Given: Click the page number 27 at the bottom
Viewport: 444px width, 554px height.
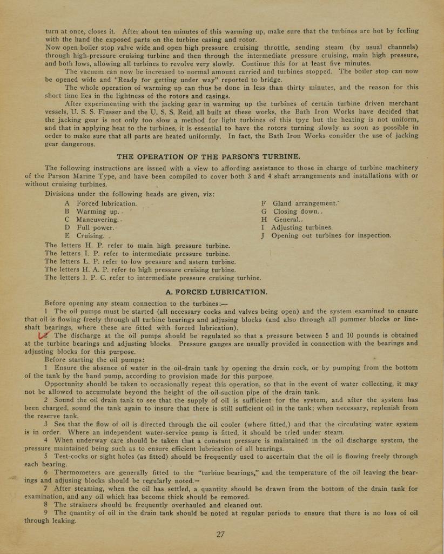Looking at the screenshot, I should tap(220, 534).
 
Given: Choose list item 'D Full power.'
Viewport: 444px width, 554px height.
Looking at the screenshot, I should tap(89, 228).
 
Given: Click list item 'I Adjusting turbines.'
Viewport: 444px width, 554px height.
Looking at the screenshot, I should tap(297, 228).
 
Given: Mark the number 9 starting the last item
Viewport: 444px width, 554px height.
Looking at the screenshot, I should tap(47, 513).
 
